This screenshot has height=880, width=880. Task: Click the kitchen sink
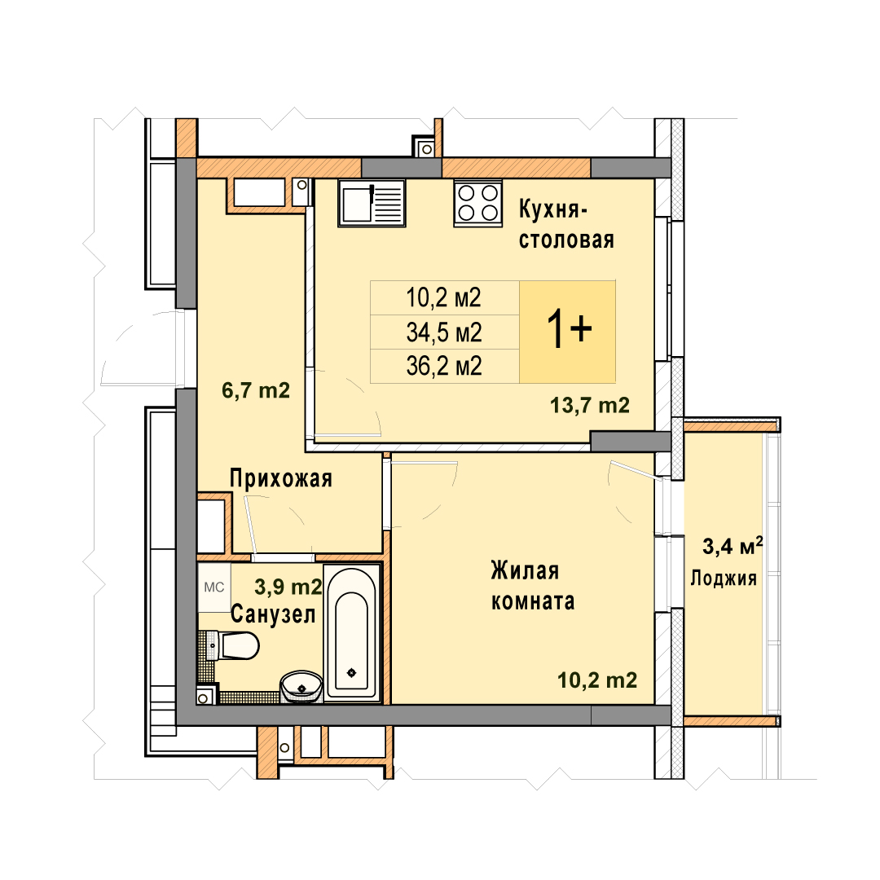372,203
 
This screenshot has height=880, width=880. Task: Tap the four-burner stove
477,203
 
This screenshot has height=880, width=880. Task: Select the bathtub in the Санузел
352,633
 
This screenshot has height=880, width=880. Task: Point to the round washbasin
301,686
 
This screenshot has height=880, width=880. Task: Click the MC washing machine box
213,587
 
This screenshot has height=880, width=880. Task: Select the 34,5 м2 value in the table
444,332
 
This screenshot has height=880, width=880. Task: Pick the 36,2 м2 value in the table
444,367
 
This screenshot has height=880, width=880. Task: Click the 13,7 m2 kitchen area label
590,405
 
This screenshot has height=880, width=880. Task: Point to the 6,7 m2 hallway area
256,390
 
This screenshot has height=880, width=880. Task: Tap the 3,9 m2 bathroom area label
288,587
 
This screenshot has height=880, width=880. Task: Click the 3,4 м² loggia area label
733,545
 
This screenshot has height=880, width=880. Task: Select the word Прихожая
281,479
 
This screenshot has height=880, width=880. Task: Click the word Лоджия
724,578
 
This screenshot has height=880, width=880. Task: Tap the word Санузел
273,614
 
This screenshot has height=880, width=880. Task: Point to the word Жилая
525,570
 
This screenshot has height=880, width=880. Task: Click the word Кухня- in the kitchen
552,209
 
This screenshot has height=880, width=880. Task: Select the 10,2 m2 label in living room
597,680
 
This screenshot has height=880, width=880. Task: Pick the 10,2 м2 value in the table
444,297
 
